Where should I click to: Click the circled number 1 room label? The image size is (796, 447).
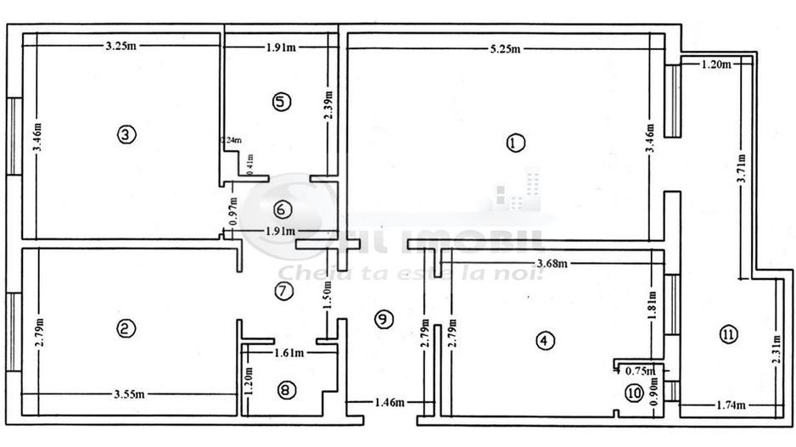click(512, 143)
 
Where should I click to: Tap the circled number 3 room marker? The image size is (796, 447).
click(125, 134)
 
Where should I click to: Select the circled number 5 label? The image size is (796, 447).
click(282, 101)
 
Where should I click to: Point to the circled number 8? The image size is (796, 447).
click(286, 390)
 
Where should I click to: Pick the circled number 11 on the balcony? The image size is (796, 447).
click(727, 334)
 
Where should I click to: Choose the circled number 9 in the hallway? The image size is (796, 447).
click(383, 319)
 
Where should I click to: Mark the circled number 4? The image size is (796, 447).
click(544, 340)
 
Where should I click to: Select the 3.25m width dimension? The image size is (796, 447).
click(121, 47)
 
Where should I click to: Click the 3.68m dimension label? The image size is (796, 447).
click(552, 264)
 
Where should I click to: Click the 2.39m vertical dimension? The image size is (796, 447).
click(329, 106)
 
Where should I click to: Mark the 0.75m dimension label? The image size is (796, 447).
click(639, 370)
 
